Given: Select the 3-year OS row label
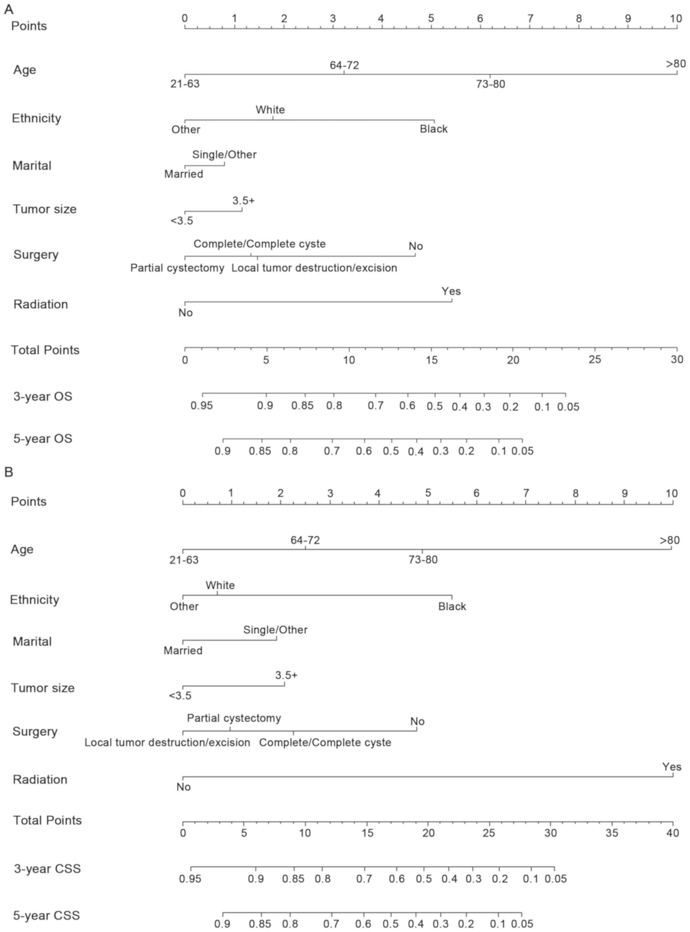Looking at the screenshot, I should click(x=42, y=396).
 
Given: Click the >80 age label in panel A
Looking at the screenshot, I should click(x=675, y=64).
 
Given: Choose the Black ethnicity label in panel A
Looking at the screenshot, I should click(x=434, y=129).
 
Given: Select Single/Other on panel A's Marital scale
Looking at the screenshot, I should click(x=224, y=155).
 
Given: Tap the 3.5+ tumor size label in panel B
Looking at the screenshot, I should click(x=286, y=675).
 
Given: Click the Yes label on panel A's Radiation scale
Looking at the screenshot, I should click(x=451, y=291).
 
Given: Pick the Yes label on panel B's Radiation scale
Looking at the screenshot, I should click(x=672, y=767).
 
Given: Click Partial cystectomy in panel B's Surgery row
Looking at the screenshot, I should click(x=234, y=718).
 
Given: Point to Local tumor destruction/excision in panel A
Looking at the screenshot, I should click(x=314, y=268).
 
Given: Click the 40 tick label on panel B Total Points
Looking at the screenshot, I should click(x=672, y=832).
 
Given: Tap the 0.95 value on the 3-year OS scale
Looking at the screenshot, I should click(x=202, y=406).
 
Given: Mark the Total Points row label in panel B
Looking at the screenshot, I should click(x=47, y=820).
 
